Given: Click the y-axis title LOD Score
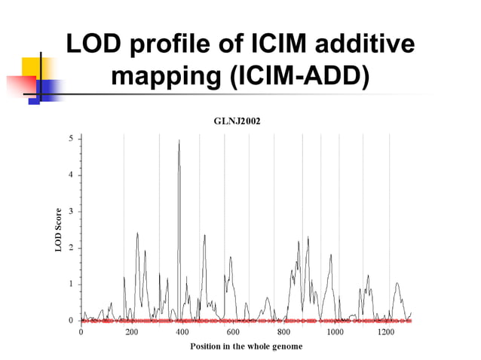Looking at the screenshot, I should (59, 230).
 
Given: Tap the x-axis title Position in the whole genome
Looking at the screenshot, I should (247, 346).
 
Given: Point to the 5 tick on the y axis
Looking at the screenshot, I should (71, 139).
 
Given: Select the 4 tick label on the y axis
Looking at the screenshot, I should (71, 175).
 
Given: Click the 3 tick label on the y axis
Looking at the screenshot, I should (71, 212).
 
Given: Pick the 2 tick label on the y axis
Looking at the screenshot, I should (71, 248).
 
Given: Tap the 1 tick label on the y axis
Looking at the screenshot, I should (71, 284).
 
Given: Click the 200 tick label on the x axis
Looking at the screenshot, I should (132, 332).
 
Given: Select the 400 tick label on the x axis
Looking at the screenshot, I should (182, 332).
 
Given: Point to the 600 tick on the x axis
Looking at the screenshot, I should (233, 332).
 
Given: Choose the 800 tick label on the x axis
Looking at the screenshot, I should (284, 332).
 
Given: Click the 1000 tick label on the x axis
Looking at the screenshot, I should (335, 332).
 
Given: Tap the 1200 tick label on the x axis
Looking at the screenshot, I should (386, 332).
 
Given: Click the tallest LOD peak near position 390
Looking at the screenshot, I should (179, 142).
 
